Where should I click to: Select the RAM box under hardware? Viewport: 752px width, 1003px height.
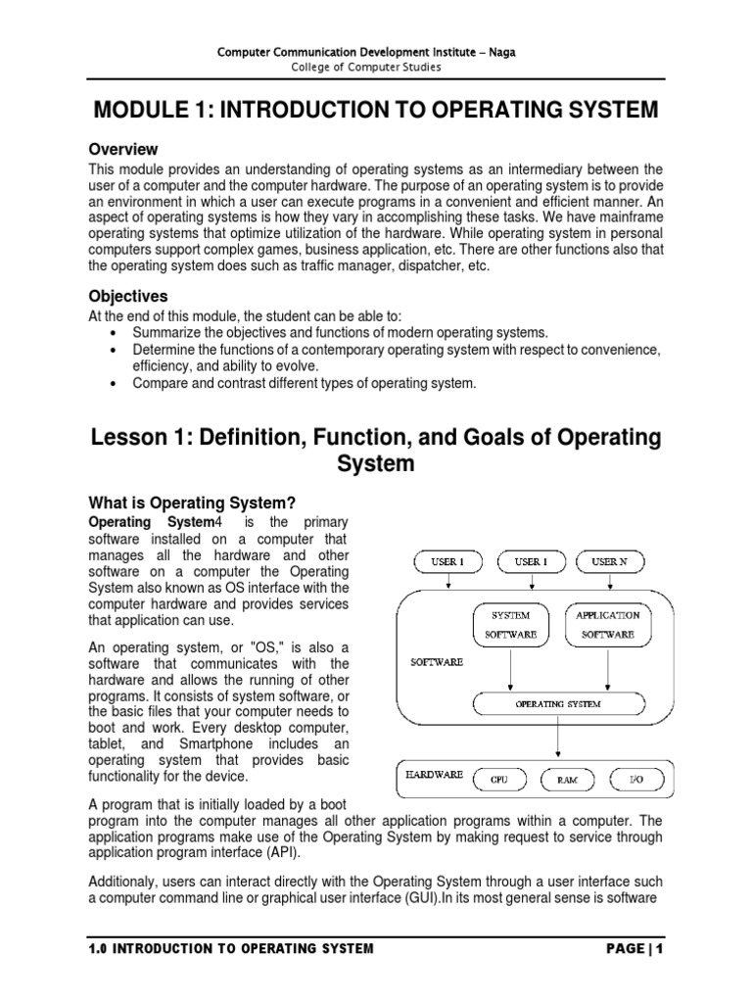tap(568, 780)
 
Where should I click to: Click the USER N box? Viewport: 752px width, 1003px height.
tap(609, 561)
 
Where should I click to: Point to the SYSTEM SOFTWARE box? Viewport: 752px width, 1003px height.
tap(510, 625)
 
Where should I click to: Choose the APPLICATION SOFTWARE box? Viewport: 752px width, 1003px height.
tap(608, 625)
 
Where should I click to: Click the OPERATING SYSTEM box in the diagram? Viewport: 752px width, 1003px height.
tap(558, 703)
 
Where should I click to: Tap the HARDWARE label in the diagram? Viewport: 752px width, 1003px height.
tap(434, 774)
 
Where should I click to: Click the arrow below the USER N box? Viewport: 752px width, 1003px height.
tap(609, 582)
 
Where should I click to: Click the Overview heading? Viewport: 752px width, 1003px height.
tap(123, 150)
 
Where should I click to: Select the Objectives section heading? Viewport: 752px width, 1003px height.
tap(128, 296)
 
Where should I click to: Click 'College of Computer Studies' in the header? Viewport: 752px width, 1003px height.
tap(376, 67)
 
